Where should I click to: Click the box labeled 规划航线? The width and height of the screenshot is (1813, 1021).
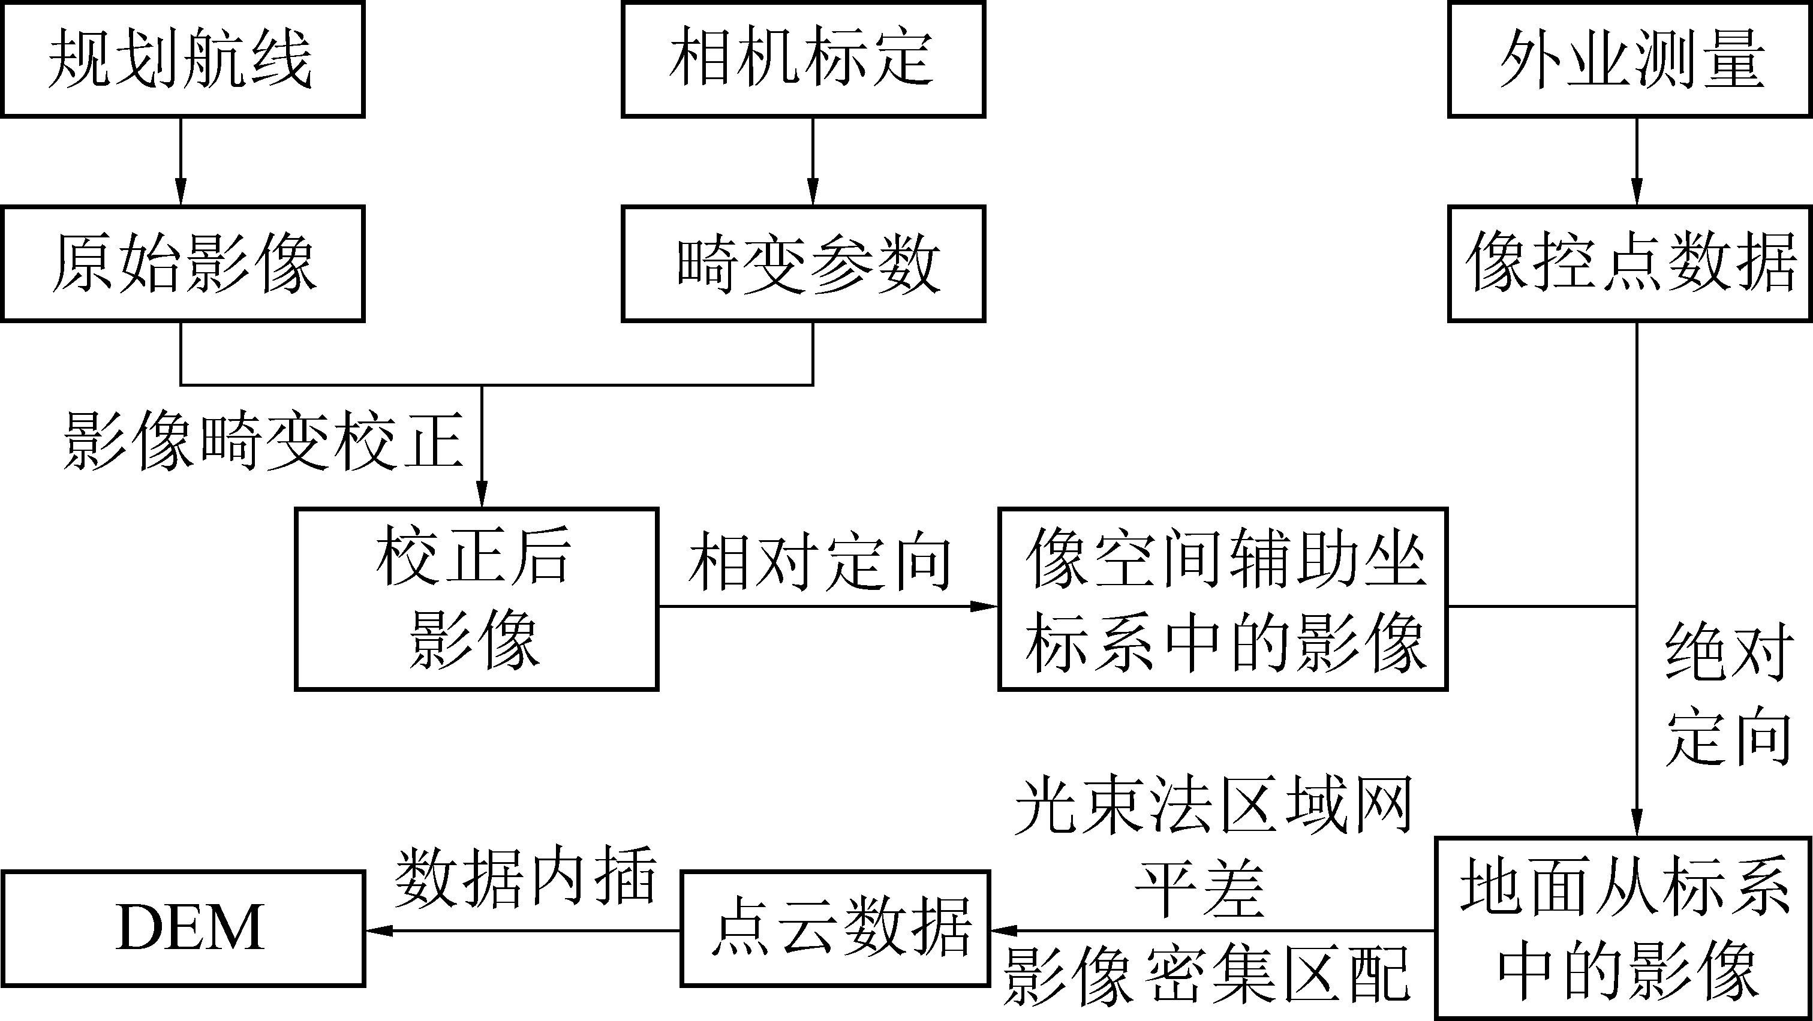pos(182,59)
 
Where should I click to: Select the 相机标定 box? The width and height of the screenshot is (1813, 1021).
pos(803,59)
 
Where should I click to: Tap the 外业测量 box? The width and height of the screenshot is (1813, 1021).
pos(1630,59)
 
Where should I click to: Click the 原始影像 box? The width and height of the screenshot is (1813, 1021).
pos(182,264)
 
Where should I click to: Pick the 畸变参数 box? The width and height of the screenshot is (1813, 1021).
pos(803,264)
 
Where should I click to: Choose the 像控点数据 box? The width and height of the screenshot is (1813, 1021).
pos(1630,264)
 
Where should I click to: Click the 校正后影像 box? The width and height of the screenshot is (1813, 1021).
pos(476,599)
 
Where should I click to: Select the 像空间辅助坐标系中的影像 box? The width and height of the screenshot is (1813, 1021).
pos(1222,599)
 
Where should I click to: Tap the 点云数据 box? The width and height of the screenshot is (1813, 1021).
pos(835,928)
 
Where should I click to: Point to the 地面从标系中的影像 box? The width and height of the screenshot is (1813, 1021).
pos(1623,928)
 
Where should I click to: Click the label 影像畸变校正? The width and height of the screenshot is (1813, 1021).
pos(263,441)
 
